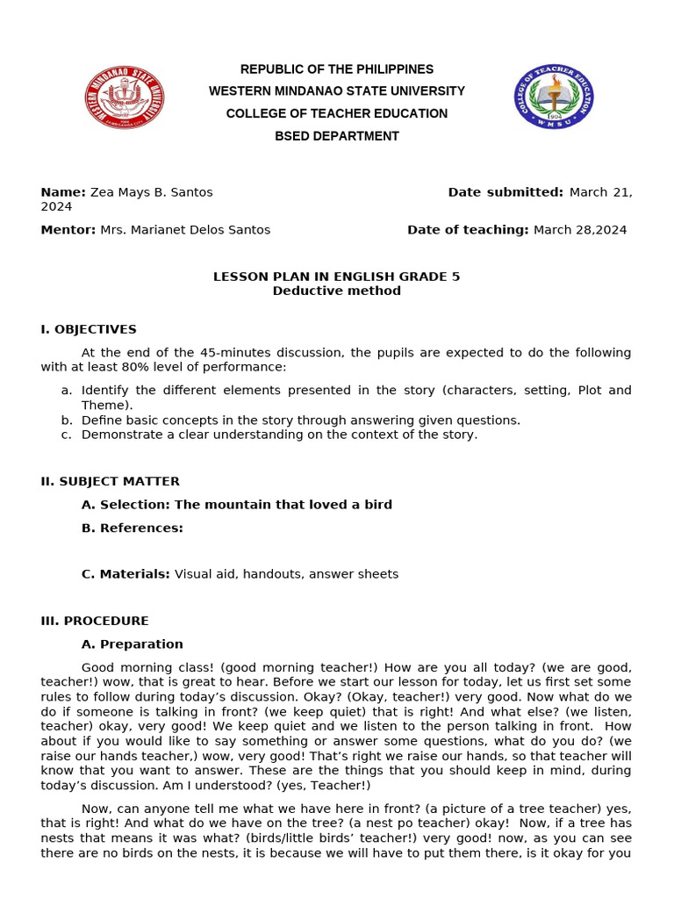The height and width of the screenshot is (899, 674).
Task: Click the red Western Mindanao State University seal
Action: [x=125, y=97]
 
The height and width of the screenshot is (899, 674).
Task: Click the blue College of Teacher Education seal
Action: [x=553, y=97]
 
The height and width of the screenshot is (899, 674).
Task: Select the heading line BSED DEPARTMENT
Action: [x=337, y=136]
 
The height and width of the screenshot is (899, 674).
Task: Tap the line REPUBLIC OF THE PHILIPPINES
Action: [x=337, y=69]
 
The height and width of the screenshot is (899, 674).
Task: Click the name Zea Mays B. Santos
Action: [x=152, y=192]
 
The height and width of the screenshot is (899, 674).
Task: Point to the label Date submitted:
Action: [x=505, y=192]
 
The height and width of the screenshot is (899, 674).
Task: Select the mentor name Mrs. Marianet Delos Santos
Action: [x=185, y=230]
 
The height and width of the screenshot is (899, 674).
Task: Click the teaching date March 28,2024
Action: [x=580, y=230]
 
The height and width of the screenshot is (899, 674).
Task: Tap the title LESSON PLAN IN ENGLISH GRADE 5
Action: [x=337, y=277]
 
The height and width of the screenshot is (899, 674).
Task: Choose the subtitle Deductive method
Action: [x=337, y=291]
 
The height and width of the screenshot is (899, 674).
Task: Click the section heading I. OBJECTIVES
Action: [x=89, y=329]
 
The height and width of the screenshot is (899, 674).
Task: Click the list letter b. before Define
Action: [x=67, y=421]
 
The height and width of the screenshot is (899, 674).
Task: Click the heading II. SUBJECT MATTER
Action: [x=111, y=481]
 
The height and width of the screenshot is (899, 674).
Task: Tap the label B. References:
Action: [x=133, y=528]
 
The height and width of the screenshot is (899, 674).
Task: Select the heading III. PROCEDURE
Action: [x=95, y=621]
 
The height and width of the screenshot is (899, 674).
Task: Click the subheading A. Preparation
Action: [x=133, y=644]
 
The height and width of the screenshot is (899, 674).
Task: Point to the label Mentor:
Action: [x=68, y=230]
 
